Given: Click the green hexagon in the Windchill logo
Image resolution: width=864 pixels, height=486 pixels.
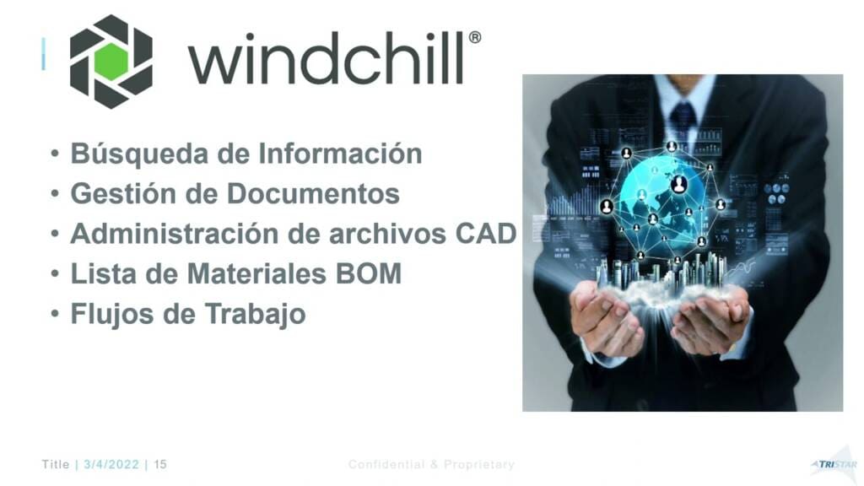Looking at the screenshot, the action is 111,61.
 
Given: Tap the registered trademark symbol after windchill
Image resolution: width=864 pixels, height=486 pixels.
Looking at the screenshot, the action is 474,37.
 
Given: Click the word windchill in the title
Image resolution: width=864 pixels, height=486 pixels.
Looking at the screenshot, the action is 327,58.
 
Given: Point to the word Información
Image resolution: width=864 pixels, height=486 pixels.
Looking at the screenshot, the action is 340,154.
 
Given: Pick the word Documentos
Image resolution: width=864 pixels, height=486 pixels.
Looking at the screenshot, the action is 313,193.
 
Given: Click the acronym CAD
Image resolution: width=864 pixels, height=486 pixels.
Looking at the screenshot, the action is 486,234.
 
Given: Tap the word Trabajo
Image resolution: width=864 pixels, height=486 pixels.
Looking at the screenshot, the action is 255,314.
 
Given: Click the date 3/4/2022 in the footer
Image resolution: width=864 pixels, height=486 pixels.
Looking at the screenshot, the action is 111,465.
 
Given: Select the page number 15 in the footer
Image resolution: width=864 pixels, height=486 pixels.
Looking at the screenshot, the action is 160,465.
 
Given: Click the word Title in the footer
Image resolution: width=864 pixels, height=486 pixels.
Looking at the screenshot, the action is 56,465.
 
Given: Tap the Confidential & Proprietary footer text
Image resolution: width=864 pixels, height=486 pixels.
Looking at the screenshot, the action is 431,465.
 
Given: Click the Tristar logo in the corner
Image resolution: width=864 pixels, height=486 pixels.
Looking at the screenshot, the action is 834,463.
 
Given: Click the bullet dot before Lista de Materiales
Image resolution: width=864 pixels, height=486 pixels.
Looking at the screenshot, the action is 55,274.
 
